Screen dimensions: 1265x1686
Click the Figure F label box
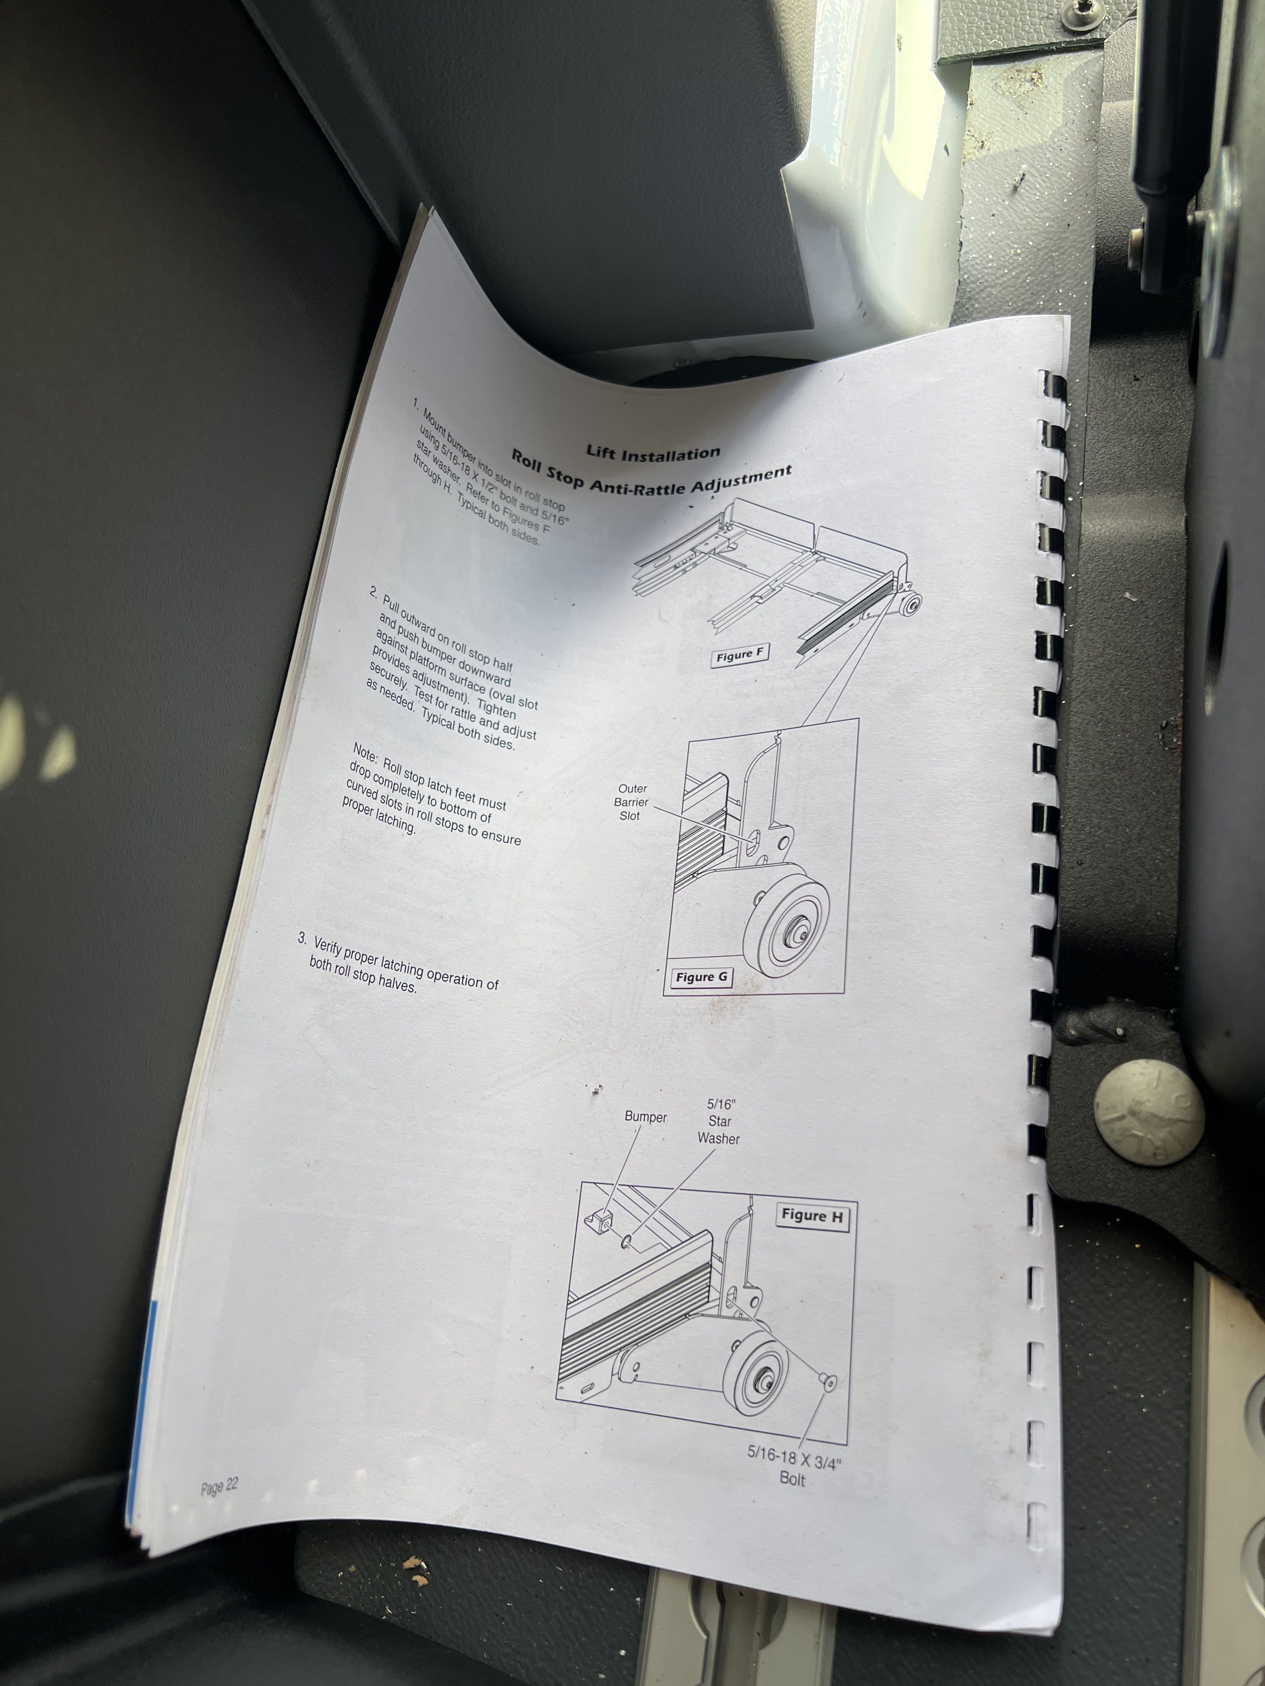(x=739, y=656)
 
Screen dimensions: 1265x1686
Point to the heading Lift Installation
(x=653, y=454)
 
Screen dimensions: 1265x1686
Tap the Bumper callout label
(x=645, y=1116)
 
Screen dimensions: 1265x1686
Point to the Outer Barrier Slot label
(x=631, y=802)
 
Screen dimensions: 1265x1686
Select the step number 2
(x=374, y=592)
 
